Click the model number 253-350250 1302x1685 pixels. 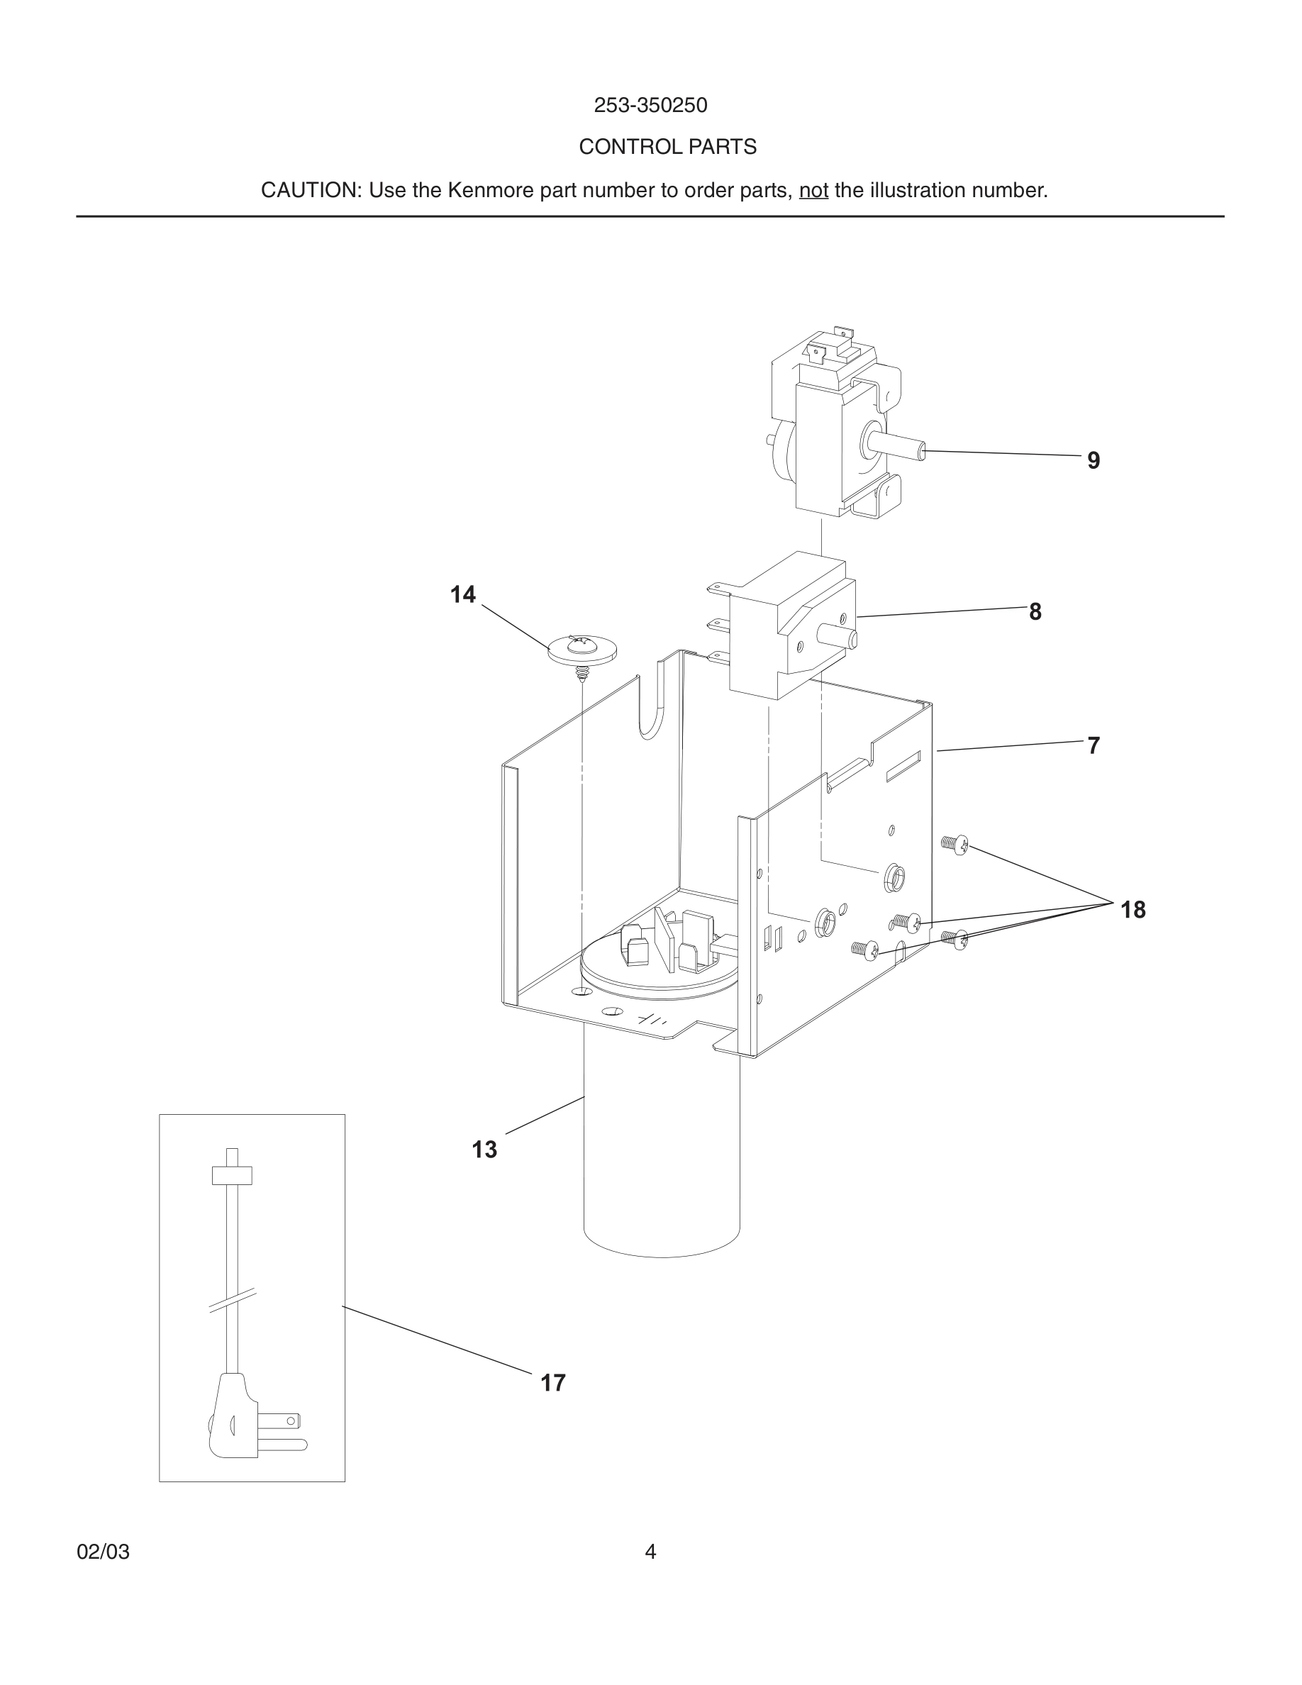coord(650,105)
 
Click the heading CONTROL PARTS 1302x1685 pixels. coord(667,147)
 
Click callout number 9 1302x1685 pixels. coord(1093,460)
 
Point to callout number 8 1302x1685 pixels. coord(1035,612)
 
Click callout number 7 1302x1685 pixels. coord(1093,746)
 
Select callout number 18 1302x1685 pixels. coord(1133,911)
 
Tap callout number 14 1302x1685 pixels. coord(463,595)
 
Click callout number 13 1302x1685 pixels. coord(484,1150)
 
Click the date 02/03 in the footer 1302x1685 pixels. coord(103,1552)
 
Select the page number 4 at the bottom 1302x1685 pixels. coord(650,1552)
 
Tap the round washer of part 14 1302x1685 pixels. coord(582,650)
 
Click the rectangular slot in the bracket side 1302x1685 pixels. coord(903,767)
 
